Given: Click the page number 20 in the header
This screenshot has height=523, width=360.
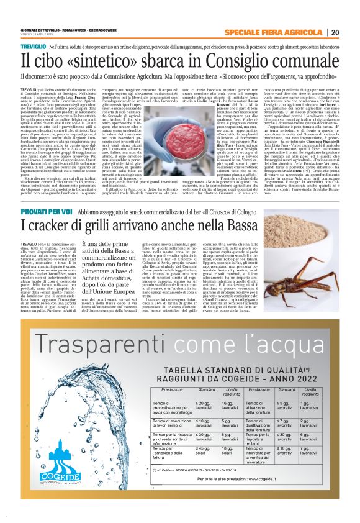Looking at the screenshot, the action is pos(335,32).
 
